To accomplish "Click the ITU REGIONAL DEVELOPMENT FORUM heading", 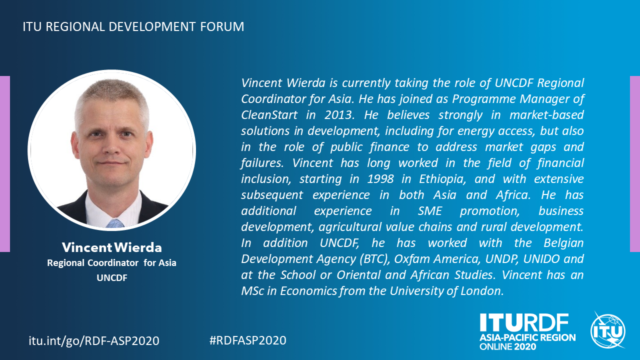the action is pos(133,26).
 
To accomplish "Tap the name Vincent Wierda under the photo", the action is pos(111,247).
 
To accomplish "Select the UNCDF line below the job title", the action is pos(111,277).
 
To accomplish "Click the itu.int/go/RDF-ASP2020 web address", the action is pos(94,340).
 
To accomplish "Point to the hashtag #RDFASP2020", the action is pos(247,340).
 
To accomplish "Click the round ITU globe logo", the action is pos(608,330).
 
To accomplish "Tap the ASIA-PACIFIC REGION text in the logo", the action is pos(527,337).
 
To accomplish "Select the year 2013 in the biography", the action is pos(339,115).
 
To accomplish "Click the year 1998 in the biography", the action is pos(380,179).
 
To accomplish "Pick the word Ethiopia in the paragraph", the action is pos(442,179).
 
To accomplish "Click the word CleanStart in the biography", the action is pos(269,115).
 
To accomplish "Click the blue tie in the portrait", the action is pos(115,223).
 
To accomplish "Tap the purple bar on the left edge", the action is pos(5,164).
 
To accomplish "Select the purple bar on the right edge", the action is pos(635,164).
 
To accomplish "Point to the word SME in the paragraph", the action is pos(429,211).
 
